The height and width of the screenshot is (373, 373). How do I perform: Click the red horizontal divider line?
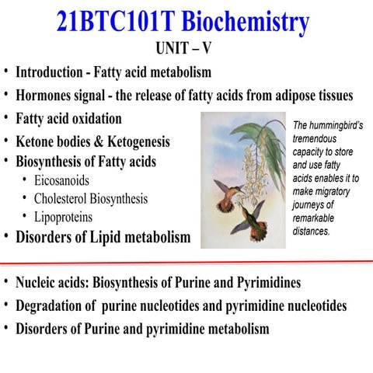click(186, 263)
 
